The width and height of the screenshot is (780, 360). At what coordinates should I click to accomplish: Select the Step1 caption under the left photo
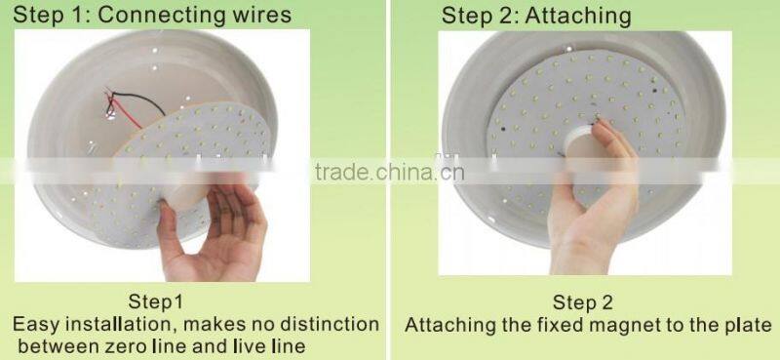coord(156,300)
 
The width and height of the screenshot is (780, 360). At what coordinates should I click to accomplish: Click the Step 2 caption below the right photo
coord(583,302)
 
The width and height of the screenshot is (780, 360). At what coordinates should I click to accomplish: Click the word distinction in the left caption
coord(326,323)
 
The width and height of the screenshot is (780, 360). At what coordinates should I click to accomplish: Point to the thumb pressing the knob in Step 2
coord(603,137)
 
